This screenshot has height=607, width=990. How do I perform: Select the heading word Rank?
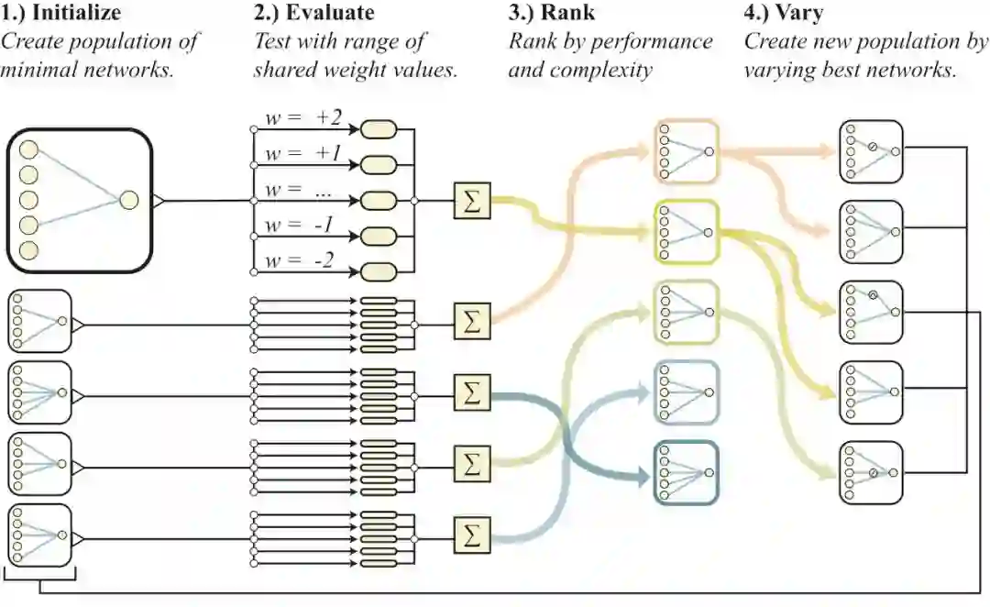569,15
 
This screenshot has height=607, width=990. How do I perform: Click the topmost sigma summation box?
472,201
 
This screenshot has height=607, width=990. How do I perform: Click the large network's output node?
128,199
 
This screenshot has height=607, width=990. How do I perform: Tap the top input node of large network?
28,149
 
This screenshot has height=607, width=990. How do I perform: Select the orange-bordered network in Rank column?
687,151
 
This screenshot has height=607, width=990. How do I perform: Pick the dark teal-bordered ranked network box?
687,473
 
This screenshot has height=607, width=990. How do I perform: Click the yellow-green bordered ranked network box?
687,233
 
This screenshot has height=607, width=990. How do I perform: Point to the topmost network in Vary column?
871,151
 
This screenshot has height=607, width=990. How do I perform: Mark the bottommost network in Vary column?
871,473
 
